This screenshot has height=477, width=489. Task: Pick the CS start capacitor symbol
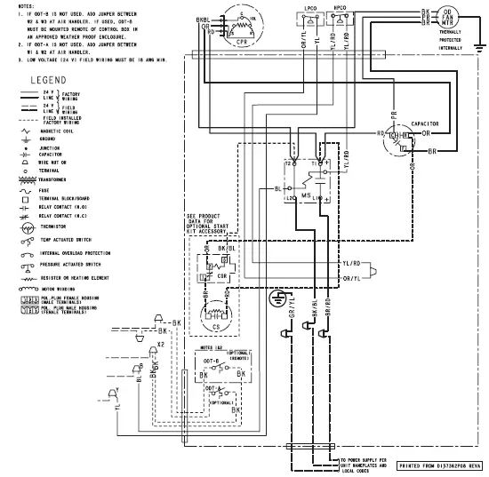214,314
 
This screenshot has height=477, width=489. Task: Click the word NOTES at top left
14,4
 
